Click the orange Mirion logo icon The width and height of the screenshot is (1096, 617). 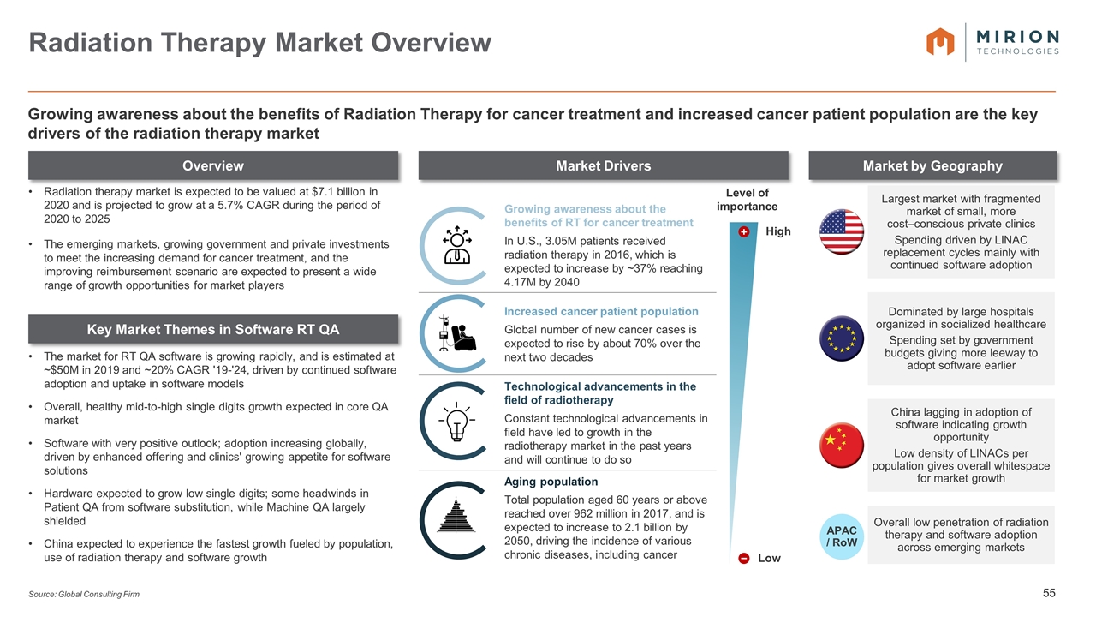(x=940, y=42)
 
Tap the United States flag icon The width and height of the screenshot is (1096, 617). (x=841, y=231)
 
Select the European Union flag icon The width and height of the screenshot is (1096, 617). (x=841, y=338)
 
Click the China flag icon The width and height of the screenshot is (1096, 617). (x=841, y=445)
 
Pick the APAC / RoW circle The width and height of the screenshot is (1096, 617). (x=841, y=536)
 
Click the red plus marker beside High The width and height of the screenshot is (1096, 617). (x=744, y=231)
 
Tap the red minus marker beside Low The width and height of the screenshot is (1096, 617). (x=744, y=558)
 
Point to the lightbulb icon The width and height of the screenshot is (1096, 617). (x=456, y=422)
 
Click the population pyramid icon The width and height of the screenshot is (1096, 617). (x=456, y=515)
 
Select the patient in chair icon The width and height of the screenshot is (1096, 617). (x=457, y=333)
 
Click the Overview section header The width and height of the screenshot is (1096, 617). (x=213, y=165)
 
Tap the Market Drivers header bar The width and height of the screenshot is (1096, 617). (x=604, y=165)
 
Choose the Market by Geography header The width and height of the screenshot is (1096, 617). (x=932, y=165)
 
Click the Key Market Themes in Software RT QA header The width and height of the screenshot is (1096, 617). (x=213, y=329)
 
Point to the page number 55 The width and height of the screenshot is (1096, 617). (x=1049, y=593)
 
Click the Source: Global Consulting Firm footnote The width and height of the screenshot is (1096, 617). (x=84, y=594)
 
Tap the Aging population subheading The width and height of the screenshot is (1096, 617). (x=551, y=482)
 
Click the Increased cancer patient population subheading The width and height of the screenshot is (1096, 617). (x=601, y=311)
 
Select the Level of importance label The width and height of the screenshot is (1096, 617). (x=748, y=200)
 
